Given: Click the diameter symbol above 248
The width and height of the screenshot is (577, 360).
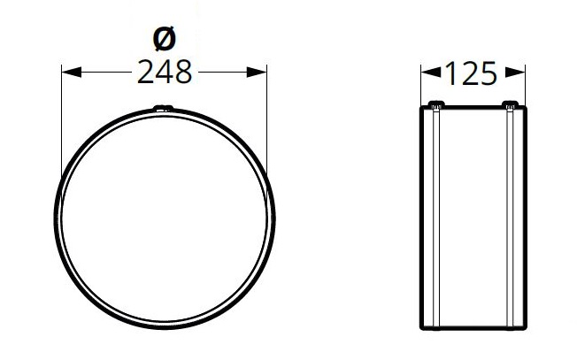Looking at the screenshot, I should (x=165, y=39).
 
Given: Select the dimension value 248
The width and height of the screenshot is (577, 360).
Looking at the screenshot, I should (x=165, y=73).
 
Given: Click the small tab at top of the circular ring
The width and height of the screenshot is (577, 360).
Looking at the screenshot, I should (x=164, y=109).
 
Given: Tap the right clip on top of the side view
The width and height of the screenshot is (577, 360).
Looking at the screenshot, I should (x=511, y=105).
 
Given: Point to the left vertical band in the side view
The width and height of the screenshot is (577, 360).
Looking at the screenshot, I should (x=435, y=221).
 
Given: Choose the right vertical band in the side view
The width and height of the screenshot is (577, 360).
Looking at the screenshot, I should (x=511, y=221).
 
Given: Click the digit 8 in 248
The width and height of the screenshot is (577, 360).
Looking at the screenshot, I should (x=182, y=73).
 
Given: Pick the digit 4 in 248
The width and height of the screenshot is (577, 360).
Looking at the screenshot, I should (x=165, y=73).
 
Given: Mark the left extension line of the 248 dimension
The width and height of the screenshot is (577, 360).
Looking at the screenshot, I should (x=61, y=124).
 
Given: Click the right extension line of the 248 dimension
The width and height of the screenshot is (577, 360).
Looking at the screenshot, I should (x=266, y=124).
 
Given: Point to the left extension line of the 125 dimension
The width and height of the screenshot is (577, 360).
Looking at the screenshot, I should (x=420, y=84).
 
